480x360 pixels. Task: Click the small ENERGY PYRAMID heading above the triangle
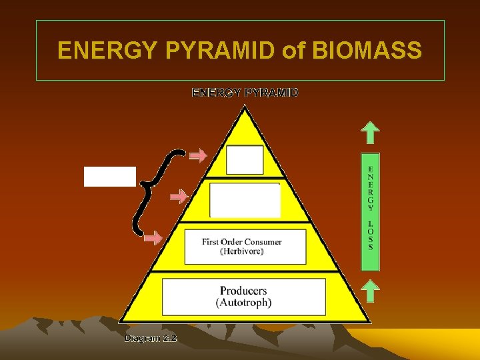[245, 93]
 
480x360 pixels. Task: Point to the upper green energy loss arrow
[371, 132]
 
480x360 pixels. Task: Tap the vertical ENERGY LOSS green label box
[371, 213]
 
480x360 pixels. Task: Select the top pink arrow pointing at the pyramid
[197, 157]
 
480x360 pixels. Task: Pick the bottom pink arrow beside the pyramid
[154, 238]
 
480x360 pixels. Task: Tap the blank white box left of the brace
[109, 177]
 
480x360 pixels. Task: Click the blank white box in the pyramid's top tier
[245, 160]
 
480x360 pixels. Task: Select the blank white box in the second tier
[245, 200]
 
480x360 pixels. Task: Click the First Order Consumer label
[242, 241]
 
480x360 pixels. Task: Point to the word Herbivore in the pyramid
[243, 251]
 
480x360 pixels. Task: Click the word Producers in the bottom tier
[243, 291]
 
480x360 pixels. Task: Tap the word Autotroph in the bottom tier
[244, 303]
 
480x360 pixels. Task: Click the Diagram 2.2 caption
[151, 338]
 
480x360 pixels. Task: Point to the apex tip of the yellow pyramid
[245, 108]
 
